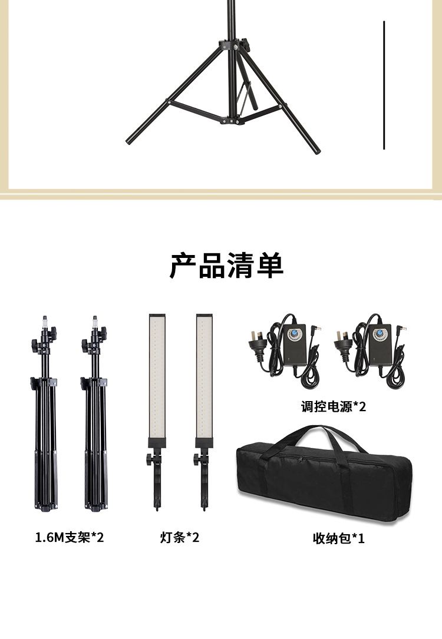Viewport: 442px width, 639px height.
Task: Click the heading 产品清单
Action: tap(226, 266)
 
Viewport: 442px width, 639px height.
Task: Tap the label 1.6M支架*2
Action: tap(70, 538)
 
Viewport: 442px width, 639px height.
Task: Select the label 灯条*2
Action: tap(180, 538)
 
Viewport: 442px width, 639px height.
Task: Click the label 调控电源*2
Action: tap(334, 406)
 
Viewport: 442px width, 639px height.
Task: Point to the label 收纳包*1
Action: tap(338, 538)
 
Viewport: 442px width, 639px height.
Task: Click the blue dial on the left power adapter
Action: tap(293, 335)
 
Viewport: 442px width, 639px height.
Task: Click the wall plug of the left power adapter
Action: tap(259, 346)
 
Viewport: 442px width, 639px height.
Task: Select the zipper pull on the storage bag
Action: tap(301, 459)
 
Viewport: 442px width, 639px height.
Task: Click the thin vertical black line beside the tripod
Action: tap(384, 85)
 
